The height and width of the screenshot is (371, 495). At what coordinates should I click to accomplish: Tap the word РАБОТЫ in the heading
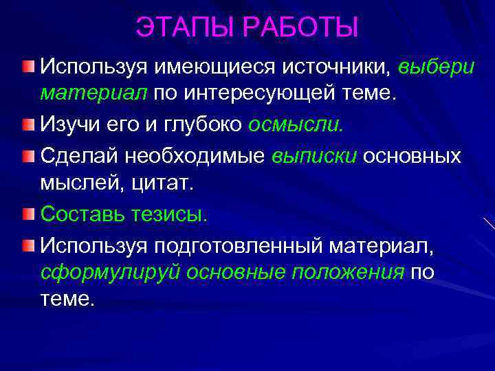click(300, 28)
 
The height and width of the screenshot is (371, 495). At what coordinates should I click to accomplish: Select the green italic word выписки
click(313, 156)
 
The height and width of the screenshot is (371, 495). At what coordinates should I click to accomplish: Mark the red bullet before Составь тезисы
click(27, 214)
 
